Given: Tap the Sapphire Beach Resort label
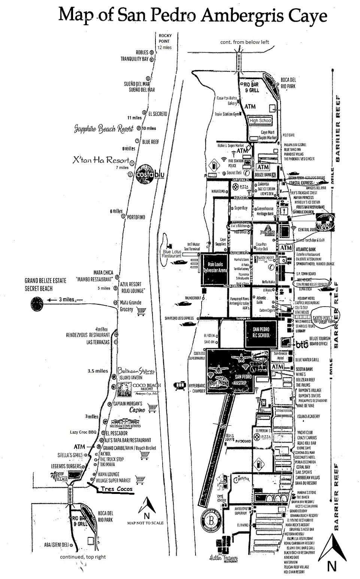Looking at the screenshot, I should coord(103,129).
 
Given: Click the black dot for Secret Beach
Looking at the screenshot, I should coord(37,303).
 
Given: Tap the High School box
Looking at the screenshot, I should coord(261,121).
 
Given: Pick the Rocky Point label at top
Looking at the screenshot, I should coord(164,39).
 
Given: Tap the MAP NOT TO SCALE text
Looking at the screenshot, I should coord(145,522).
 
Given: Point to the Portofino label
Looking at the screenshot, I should coord(136,217).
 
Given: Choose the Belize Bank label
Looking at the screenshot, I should coord(265,175).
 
